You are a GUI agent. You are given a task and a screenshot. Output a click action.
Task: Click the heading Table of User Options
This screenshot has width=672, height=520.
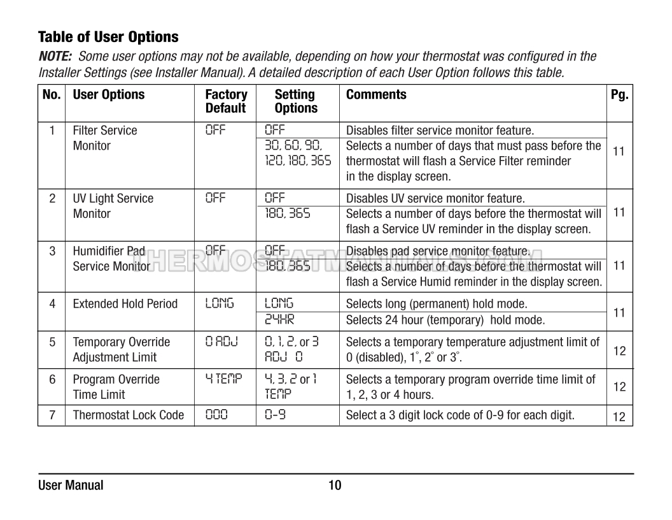108,36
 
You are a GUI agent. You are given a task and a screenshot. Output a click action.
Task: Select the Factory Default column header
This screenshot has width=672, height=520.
226,101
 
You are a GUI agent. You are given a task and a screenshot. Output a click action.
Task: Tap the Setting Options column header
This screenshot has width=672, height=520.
295,101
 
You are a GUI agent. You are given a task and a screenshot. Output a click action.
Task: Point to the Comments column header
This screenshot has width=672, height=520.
376,94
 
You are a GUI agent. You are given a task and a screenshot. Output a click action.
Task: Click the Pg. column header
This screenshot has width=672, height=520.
619,94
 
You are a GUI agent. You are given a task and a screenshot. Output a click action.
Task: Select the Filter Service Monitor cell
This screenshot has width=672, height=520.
105,138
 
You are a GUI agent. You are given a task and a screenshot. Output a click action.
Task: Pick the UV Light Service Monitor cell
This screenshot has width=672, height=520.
113,206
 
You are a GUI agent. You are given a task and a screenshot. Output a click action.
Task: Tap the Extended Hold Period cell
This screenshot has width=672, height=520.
125,304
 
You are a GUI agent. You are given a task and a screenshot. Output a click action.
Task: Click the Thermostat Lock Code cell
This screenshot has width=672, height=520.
128,415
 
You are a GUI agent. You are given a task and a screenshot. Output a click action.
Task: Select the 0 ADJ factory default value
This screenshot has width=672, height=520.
221,342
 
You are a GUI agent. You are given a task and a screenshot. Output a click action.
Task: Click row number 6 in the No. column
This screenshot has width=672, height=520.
52,380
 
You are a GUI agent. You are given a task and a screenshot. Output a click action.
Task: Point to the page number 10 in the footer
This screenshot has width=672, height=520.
335,486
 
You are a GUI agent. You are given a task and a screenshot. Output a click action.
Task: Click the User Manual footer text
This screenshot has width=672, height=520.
71,486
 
